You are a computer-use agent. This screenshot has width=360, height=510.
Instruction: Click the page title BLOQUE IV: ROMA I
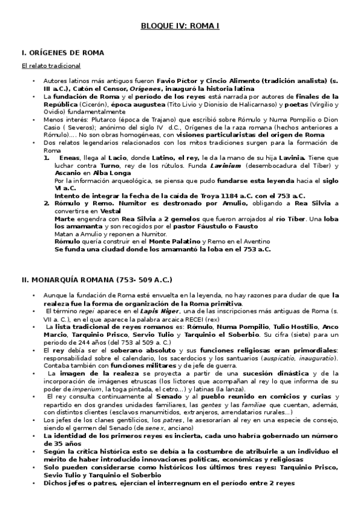click(180, 27)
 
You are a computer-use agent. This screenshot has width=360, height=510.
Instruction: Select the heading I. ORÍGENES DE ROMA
click(63, 53)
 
